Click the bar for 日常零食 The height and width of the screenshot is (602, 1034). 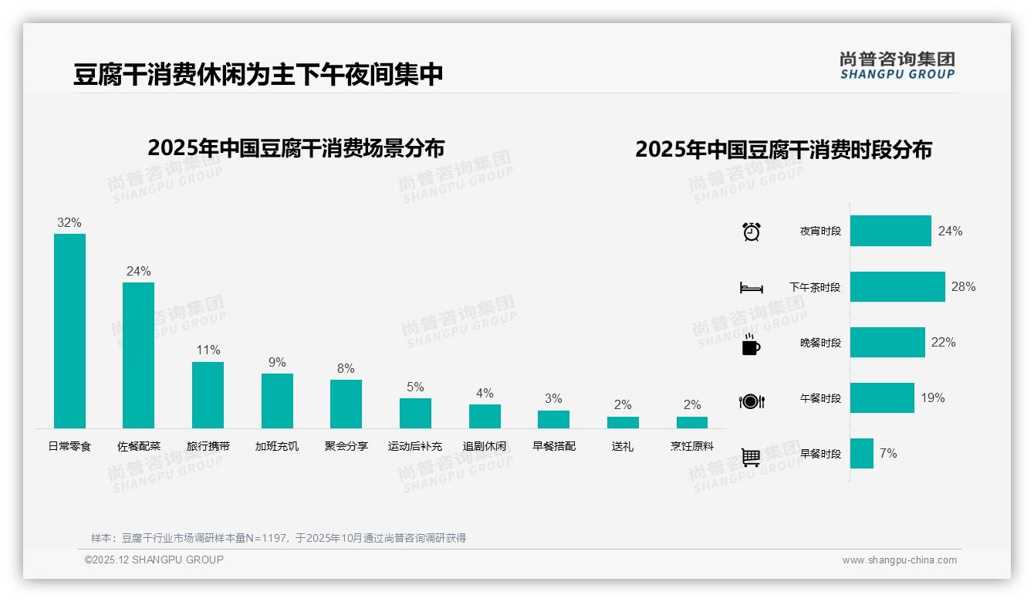[x=69, y=331]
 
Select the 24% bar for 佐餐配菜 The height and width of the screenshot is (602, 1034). [x=138, y=355]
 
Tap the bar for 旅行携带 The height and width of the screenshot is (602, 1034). [x=208, y=395]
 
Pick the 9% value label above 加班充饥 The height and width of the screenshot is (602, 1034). [x=277, y=363]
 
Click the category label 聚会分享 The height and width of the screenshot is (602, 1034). [x=346, y=446]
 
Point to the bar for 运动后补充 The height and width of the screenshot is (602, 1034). [x=415, y=414]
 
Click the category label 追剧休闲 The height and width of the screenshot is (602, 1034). [x=485, y=446]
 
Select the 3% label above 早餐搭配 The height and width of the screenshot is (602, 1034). [x=553, y=399]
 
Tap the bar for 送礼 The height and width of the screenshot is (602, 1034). [x=623, y=422]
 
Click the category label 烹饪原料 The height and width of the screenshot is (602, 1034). [x=692, y=446]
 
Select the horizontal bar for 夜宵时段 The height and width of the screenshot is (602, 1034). [x=890, y=231]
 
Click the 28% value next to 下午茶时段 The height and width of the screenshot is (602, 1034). [x=963, y=286]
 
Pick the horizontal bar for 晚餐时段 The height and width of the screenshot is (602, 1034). [x=887, y=342]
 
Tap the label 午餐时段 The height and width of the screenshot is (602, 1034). [x=820, y=398]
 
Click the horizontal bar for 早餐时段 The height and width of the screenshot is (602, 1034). [x=862, y=454]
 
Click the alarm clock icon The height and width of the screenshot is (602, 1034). [x=752, y=232]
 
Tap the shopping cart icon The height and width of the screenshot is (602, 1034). [x=751, y=457]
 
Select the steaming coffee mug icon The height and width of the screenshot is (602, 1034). [x=751, y=344]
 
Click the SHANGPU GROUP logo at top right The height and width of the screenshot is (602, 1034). [x=897, y=65]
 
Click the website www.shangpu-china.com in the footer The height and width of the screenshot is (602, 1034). [x=899, y=560]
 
